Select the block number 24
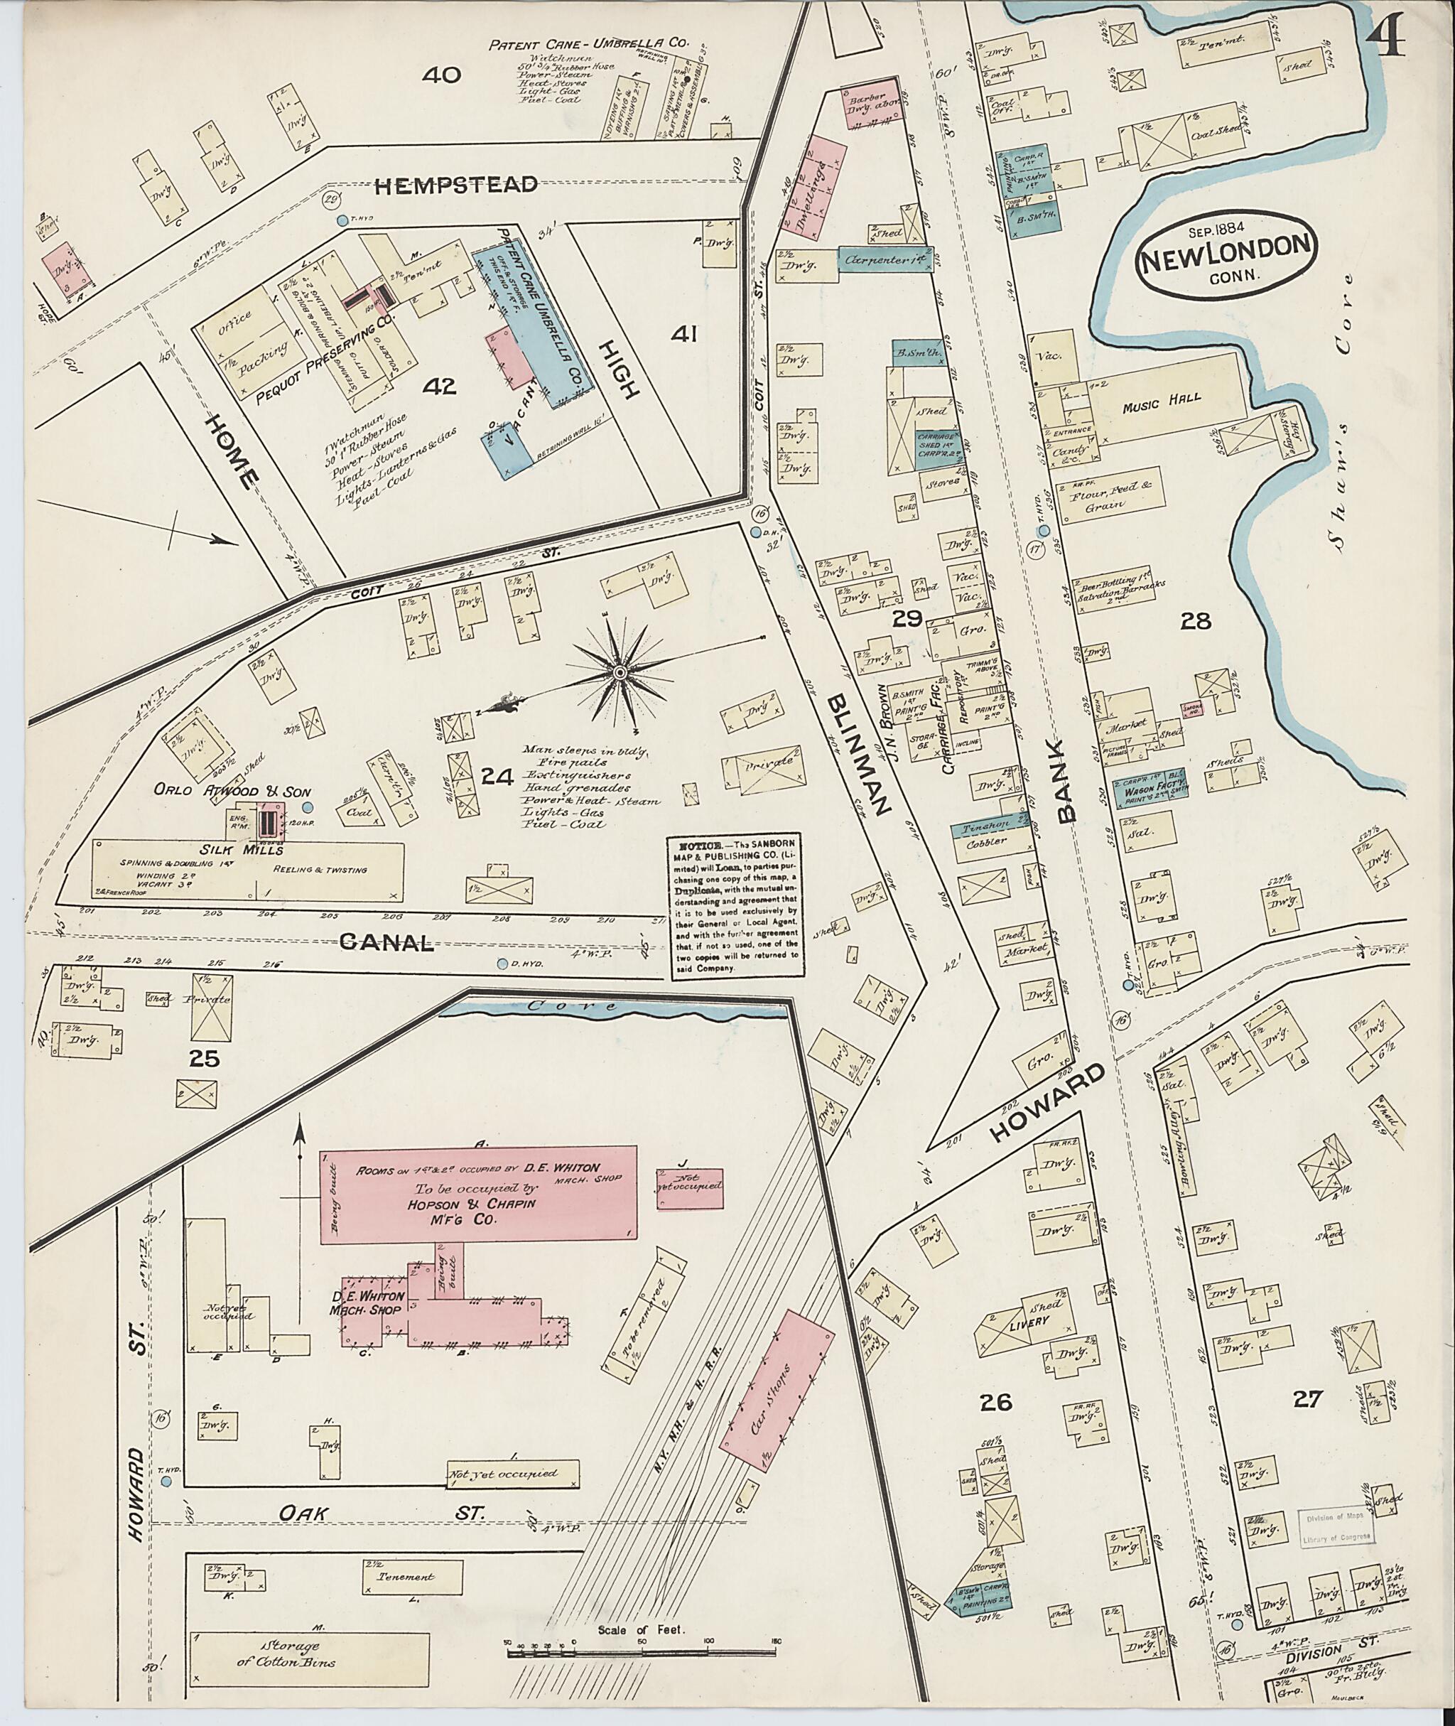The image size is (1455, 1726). (497, 775)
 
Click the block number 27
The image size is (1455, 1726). (1308, 1398)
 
